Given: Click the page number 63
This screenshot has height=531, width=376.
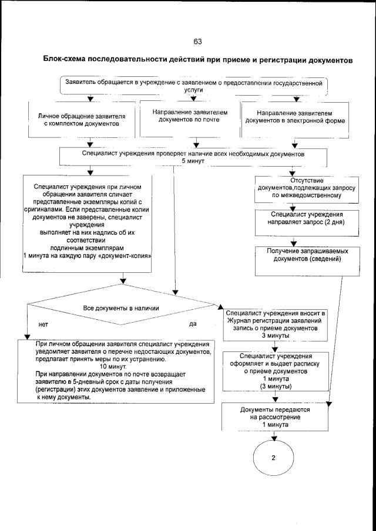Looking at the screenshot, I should point(197,41).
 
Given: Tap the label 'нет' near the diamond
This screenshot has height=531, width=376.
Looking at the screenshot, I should point(43,324).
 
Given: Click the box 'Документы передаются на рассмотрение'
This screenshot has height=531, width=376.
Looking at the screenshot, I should point(273,416).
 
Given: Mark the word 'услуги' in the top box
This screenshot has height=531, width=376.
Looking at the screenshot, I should point(193,92).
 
